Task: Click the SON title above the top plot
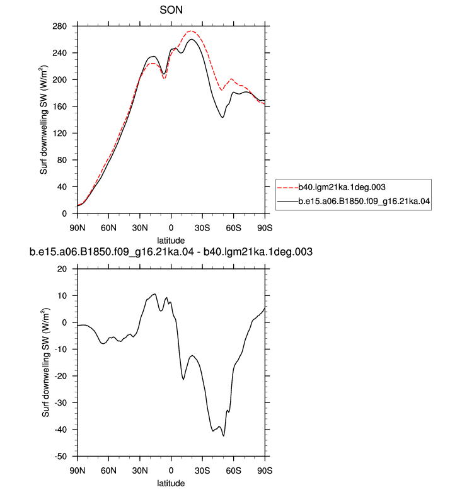click(171, 10)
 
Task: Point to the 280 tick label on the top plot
click(60, 26)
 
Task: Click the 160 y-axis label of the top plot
click(60, 106)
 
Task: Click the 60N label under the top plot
click(108, 228)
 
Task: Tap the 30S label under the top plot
click(202, 228)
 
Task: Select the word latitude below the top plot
click(171, 241)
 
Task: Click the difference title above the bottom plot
click(171, 252)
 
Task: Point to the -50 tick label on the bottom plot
click(60, 456)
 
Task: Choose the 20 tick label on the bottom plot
click(62, 269)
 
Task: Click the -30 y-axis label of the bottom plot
click(60, 403)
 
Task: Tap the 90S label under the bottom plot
click(265, 470)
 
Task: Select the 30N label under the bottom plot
click(140, 470)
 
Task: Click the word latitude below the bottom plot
click(171, 483)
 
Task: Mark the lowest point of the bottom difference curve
click(224, 436)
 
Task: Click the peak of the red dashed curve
click(192, 31)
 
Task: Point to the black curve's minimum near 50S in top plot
click(222, 117)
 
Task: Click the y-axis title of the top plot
click(44, 120)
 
